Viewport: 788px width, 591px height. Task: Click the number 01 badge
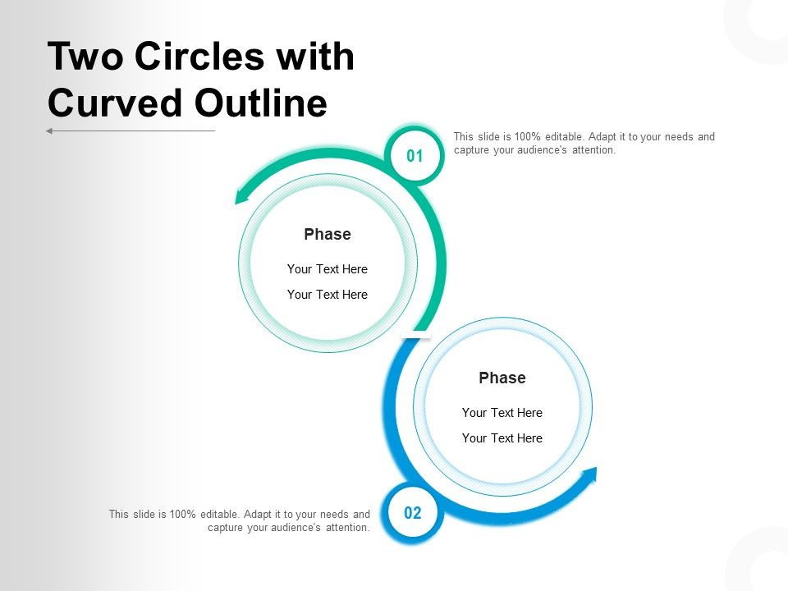pos(415,156)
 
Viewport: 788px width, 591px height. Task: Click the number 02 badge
pos(413,514)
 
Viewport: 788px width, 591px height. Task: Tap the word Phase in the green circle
pos(328,235)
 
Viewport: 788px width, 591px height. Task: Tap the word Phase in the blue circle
pos(502,378)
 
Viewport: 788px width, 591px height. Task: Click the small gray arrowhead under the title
pos(49,131)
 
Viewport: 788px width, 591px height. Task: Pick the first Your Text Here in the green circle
pos(328,269)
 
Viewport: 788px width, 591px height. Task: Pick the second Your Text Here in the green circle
pos(328,295)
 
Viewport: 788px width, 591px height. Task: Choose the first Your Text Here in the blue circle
pos(502,413)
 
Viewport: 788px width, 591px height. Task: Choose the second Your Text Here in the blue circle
pos(502,438)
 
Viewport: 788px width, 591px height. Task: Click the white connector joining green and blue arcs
pos(415,335)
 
